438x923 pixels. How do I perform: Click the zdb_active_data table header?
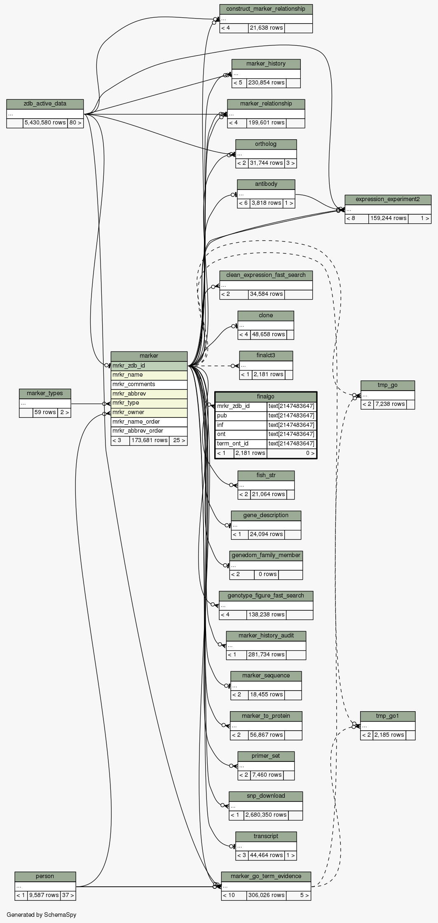click(x=45, y=103)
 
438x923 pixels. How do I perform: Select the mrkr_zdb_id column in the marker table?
click(x=149, y=365)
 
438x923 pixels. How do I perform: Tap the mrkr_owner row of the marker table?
click(x=149, y=412)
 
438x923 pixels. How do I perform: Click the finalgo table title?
click(x=265, y=396)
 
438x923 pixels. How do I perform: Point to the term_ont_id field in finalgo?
click(x=241, y=443)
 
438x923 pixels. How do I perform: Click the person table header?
click(x=45, y=876)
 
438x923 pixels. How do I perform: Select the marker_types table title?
click(x=45, y=393)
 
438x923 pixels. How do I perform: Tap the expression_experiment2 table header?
click(x=388, y=199)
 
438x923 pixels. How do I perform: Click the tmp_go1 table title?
click(x=387, y=716)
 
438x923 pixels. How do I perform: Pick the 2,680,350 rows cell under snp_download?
click(x=266, y=815)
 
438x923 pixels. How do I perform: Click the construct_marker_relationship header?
click(x=266, y=9)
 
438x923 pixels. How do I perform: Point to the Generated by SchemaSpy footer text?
click(x=42, y=914)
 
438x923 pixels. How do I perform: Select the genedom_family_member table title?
click(x=266, y=555)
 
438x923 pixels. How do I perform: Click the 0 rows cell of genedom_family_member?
click(x=266, y=574)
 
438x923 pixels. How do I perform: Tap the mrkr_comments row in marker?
click(x=149, y=384)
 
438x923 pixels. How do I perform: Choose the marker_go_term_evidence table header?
click(x=266, y=876)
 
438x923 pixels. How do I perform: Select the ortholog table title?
click(x=266, y=144)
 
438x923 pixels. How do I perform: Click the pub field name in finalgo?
click(x=241, y=415)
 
